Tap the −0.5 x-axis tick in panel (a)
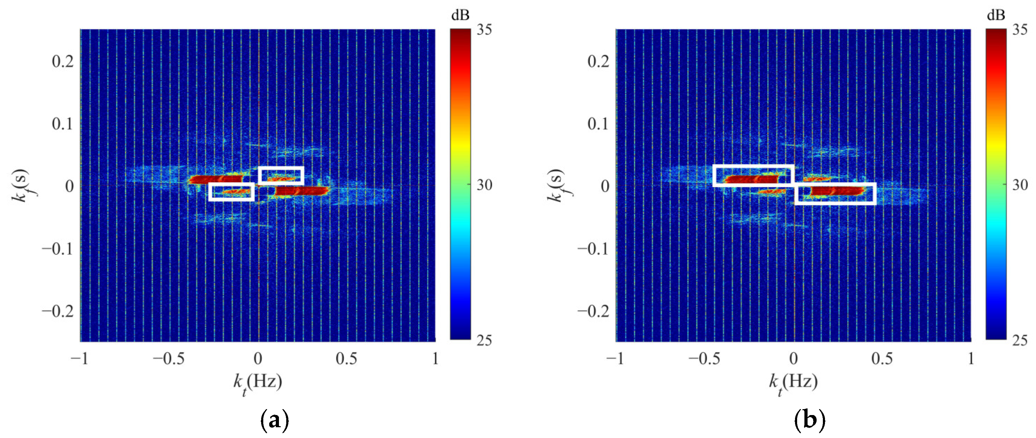click(x=169, y=358)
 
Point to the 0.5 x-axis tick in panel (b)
click(x=882, y=358)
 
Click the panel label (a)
click(x=275, y=421)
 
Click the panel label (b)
click(x=810, y=421)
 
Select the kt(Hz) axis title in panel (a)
click(x=258, y=382)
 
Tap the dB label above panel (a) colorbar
click(x=460, y=15)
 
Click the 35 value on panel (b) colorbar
click(x=1020, y=30)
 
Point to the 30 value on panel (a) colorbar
click(x=484, y=185)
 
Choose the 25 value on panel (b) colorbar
click(x=1020, y=340)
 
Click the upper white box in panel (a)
click(x=281, y=175)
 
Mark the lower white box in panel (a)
click(x=232, y=192)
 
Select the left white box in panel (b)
click(x=753, y=176)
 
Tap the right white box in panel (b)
click(x=835, y=194)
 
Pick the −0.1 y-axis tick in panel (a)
click(x=58, y=249)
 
